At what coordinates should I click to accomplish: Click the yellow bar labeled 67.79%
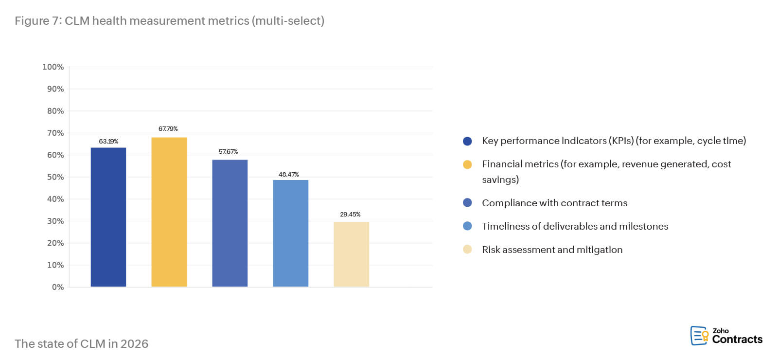169,212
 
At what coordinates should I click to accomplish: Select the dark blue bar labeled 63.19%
108,217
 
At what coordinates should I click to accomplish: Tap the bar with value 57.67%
230,223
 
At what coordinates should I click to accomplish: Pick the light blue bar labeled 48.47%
290,233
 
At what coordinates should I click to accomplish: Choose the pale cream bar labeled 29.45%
351,254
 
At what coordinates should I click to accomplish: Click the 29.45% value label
350,215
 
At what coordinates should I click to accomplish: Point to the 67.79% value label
168,129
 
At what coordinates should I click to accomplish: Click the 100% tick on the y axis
53,67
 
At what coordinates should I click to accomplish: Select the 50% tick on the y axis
55,177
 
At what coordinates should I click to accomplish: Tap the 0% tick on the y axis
58,287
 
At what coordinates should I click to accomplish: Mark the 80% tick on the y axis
55,111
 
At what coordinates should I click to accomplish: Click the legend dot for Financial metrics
467,164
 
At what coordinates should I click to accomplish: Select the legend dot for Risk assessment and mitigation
467,250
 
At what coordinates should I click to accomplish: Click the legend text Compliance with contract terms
554,203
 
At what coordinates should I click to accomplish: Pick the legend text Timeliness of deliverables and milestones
575,226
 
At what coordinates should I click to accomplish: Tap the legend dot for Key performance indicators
467,141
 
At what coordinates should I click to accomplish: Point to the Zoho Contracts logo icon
699,336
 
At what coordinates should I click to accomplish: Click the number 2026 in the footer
134,344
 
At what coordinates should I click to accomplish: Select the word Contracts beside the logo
737,340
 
